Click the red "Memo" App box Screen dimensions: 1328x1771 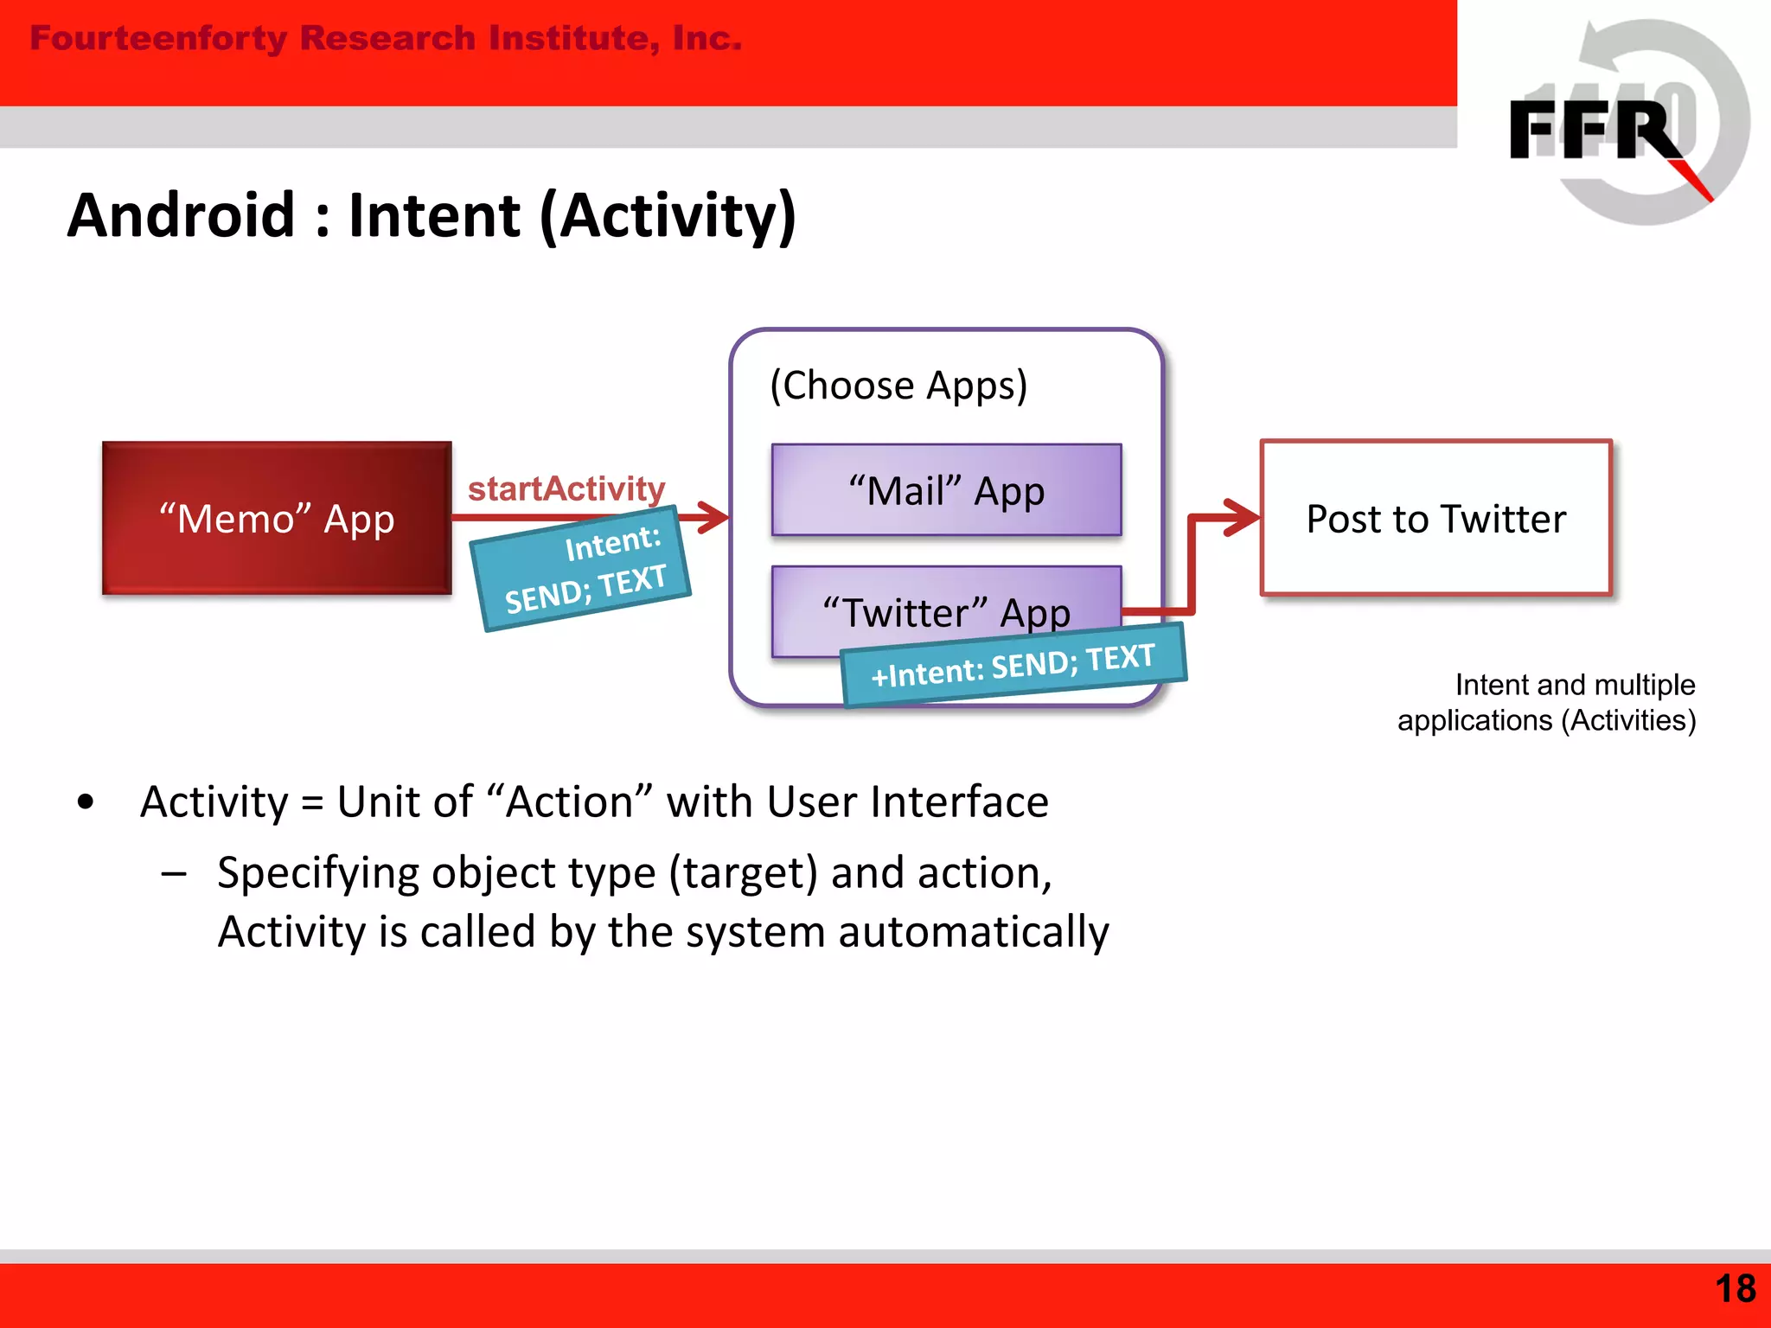[x=277, y=519]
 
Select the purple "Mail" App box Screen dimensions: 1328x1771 [x=946, y=490]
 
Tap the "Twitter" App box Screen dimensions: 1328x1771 [x=946, y=605]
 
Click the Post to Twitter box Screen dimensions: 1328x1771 [x=1435, y=519]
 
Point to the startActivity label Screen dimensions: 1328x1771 [x=566, y=488]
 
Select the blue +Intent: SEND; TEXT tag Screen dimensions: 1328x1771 [x=1013, y=665]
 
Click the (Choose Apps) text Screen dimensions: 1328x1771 [x=898, y=386]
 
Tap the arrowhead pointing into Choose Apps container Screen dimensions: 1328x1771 [x=714, y=517]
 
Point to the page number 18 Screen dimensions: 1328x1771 [x=1735, y=1289]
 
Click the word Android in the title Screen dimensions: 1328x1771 [x=182, y=216]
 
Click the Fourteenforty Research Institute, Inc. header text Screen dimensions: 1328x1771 [x=386, y=39]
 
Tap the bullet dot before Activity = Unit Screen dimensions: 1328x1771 [x=85, y=801]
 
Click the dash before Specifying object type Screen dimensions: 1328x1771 [x=174, y=874]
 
